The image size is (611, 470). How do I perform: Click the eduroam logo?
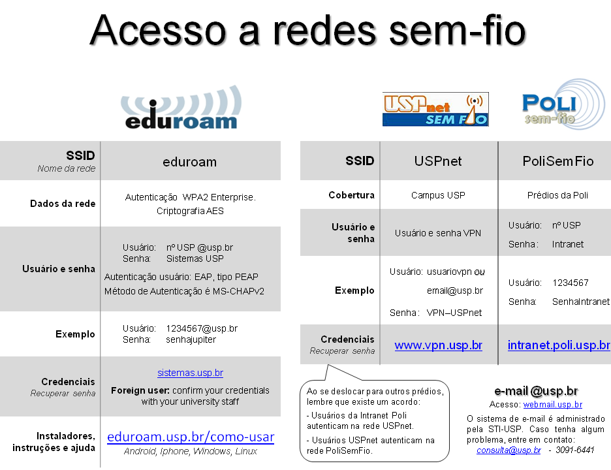pyautogui.click(x=181, y=107)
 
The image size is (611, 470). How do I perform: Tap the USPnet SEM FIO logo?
pyautogui.click(x=435, y=109)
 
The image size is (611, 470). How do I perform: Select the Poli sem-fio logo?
pyautogui.click(x=563, y=104)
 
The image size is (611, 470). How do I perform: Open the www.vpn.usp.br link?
pyautogui.click(x=439, y=345)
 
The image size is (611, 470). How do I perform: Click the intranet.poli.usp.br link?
pyautogui.click(x=559, y=345)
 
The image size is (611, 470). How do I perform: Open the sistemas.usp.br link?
pyautogui.click(x=190, y=373)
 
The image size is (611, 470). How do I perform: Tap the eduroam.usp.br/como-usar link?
pyautogui.click(x=191, y=437)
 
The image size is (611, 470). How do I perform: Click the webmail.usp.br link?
pyautogui.click(x=552, y=405)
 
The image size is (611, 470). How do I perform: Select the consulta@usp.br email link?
pyautogui.click(x=509, y=450)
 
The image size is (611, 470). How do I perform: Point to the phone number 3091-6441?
pyautogui.click(x=574, y=450)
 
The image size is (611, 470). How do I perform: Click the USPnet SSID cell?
pyautogui.click(x=438, y=161)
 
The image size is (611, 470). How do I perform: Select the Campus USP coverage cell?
pyautogui.click(x=438, y=195)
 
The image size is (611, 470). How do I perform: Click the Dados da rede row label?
pyautogui.click(x=63, y=204)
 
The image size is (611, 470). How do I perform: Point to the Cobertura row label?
pyautogui.click(x=351, y=195)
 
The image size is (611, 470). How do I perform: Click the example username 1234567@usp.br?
pyautogui.click(x=202, y=328)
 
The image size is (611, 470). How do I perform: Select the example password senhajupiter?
pyautogui.click(x=191, y=339)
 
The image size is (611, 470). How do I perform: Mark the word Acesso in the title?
pyautogui.click(x=158, y=30)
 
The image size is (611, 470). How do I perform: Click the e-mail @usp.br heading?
pyautogui.click(x=536, y=390)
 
